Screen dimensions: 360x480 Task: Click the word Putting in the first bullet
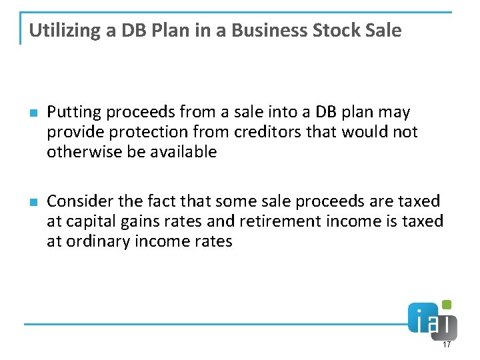coord(71,112)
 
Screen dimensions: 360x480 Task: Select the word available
coord(184,152)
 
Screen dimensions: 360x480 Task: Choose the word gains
coord(141,221)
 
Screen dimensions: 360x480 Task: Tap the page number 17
coord(447,345)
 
